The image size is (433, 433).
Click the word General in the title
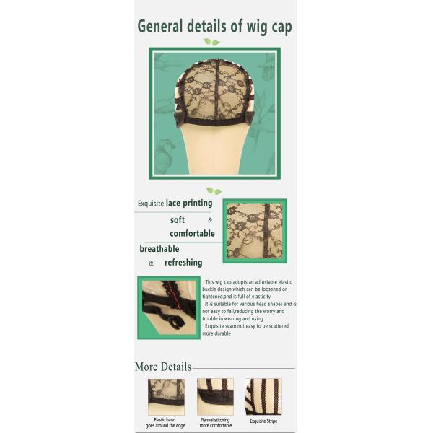tap(160, 26)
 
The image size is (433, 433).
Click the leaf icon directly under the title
tap(211, 42)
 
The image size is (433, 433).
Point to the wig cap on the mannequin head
tap(214, 93)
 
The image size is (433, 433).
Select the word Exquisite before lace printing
tap(151, 204)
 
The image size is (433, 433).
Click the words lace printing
tap(189, 204)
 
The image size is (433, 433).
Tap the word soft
tap(178, 220)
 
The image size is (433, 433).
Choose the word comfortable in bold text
tap(192, 233)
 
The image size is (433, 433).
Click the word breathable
tap(159, 249)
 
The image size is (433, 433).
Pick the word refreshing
tap(183, 263)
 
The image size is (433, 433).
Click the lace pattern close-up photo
tap(255, 231)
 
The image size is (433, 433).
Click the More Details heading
tap(163, 367)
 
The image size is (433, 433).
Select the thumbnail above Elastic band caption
tap(166, 397)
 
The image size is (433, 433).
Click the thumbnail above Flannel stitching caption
tap(215, 397)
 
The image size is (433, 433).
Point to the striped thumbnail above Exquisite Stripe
tap(263, 397)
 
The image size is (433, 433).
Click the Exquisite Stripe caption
tap(263, 421)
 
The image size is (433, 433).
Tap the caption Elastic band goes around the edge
tap(165, 423)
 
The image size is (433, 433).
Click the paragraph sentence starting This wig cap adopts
tap(247, 289)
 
